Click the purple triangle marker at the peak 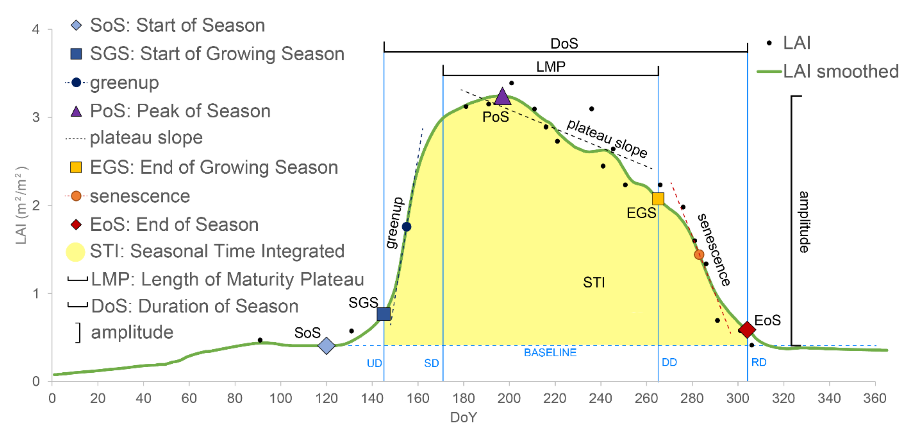click(502, 97)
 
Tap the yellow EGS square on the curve click(658, 199)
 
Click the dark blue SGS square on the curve click(383, 314)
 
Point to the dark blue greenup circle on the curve click(407, 227)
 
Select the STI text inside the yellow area click(593, 283)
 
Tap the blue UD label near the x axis click(374, 363)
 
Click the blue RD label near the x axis click(759, 362)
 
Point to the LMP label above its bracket click(551, 67)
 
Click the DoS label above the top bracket click(564, 43)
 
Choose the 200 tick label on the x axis click(509, 398)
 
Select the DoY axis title click(463, 417)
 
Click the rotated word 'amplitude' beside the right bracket click(804, 222)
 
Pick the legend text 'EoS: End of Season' click(174, 225)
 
